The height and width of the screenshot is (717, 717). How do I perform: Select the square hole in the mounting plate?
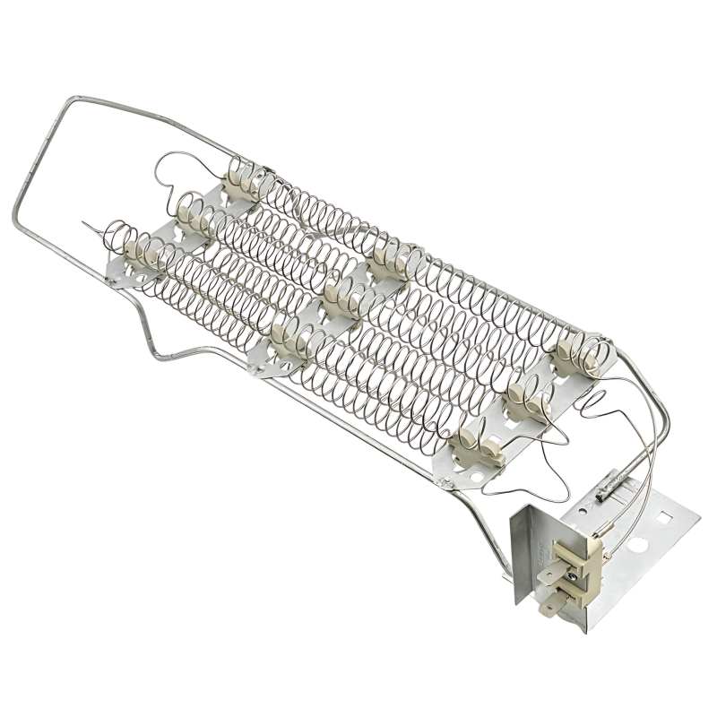click(x=665, y=517)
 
